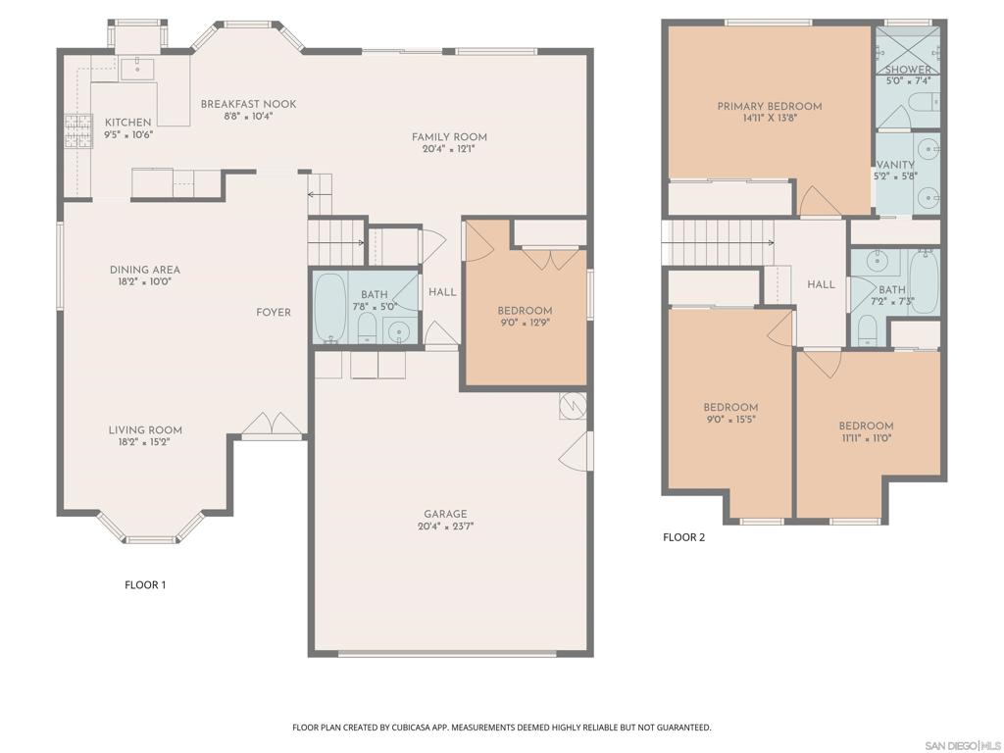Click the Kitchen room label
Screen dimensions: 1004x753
click(128, 123)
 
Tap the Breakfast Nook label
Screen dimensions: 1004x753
click(248, 104)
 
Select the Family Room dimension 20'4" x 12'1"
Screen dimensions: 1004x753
click(449, 149)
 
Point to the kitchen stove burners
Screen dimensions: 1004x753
click(78, 130)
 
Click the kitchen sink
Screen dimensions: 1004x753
click(137, 67)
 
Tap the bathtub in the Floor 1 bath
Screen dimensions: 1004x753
click(329, 307)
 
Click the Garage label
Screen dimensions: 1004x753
click(445, 514)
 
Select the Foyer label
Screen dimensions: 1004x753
click(274, 313)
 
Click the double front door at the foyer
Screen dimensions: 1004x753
click(273, 424)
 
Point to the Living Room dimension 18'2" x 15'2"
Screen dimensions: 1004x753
click(145, 442)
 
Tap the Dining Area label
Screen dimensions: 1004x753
click(145, 270)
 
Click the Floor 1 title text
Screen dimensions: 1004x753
click(145, 584)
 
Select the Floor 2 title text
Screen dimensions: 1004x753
click(683, 537)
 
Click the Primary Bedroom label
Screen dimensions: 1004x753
click(770, 106)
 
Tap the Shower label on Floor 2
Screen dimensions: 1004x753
click(908, 70)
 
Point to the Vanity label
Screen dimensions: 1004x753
click(895, 165)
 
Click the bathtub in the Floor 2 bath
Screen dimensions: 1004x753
click(923, 281)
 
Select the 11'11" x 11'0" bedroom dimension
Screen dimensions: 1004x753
click(866, 438)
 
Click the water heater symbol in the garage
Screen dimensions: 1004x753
click(573, 405)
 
